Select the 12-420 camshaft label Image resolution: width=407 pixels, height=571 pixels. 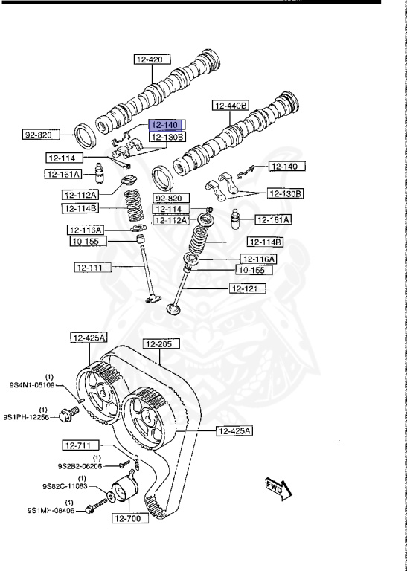(x=153, y=59)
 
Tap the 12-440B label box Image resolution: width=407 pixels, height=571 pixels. (x=230, y=106)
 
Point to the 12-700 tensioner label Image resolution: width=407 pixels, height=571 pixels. (x=130, y=517)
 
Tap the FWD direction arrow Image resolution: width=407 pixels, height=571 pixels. (x=278, y=488)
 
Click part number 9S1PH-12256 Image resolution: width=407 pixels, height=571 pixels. (x=26, y=417)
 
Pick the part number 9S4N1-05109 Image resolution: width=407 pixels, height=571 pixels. (x=32, y=384)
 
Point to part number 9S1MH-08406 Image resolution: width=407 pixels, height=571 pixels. (x=51, y=511)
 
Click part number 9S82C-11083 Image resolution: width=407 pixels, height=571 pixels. (x=65, y=485)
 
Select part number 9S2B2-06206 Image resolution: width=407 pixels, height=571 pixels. (x=80, y=465)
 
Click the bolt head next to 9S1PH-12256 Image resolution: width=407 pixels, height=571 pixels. (x=65, y=416)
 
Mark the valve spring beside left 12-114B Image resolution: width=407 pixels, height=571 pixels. (x=134, y=205)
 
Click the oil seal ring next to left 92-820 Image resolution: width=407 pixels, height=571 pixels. (x=86, y=136)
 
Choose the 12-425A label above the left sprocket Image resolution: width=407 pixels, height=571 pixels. (x=89, y=338)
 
